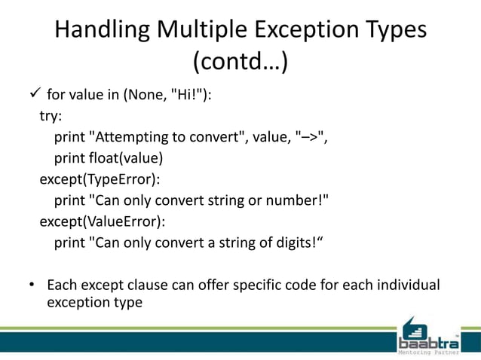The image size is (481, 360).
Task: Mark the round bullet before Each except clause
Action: [32, 285]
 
